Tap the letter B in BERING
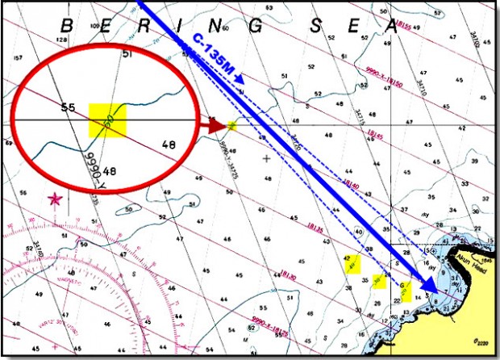(66, 25)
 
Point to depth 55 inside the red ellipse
(68, 107)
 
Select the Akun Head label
(461, 251)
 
